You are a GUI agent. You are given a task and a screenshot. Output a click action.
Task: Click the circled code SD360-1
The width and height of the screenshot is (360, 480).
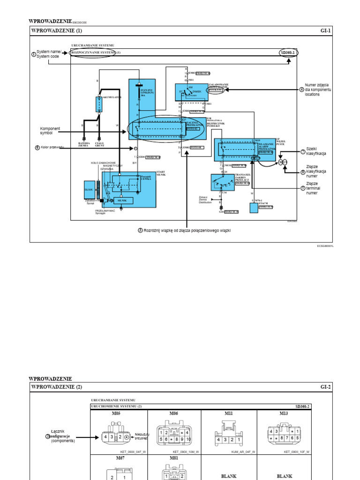point(287,52)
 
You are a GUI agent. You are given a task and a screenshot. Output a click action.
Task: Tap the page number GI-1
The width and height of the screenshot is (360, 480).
point(326,31)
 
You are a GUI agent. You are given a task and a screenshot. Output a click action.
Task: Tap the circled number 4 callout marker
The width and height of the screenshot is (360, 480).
point(302,90)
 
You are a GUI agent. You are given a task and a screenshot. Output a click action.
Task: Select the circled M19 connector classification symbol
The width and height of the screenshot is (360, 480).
point(282,162)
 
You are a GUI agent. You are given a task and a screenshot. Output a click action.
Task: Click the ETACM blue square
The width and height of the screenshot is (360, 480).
point(254,207)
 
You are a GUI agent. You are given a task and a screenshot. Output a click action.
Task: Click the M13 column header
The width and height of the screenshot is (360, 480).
point(284,413)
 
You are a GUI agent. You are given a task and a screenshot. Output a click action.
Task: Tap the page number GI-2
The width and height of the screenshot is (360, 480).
point(326,387)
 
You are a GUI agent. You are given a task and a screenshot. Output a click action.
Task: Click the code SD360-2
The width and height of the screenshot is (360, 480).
point(303,406)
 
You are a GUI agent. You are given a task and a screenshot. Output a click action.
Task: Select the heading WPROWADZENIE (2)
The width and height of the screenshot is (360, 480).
point(57,387)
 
